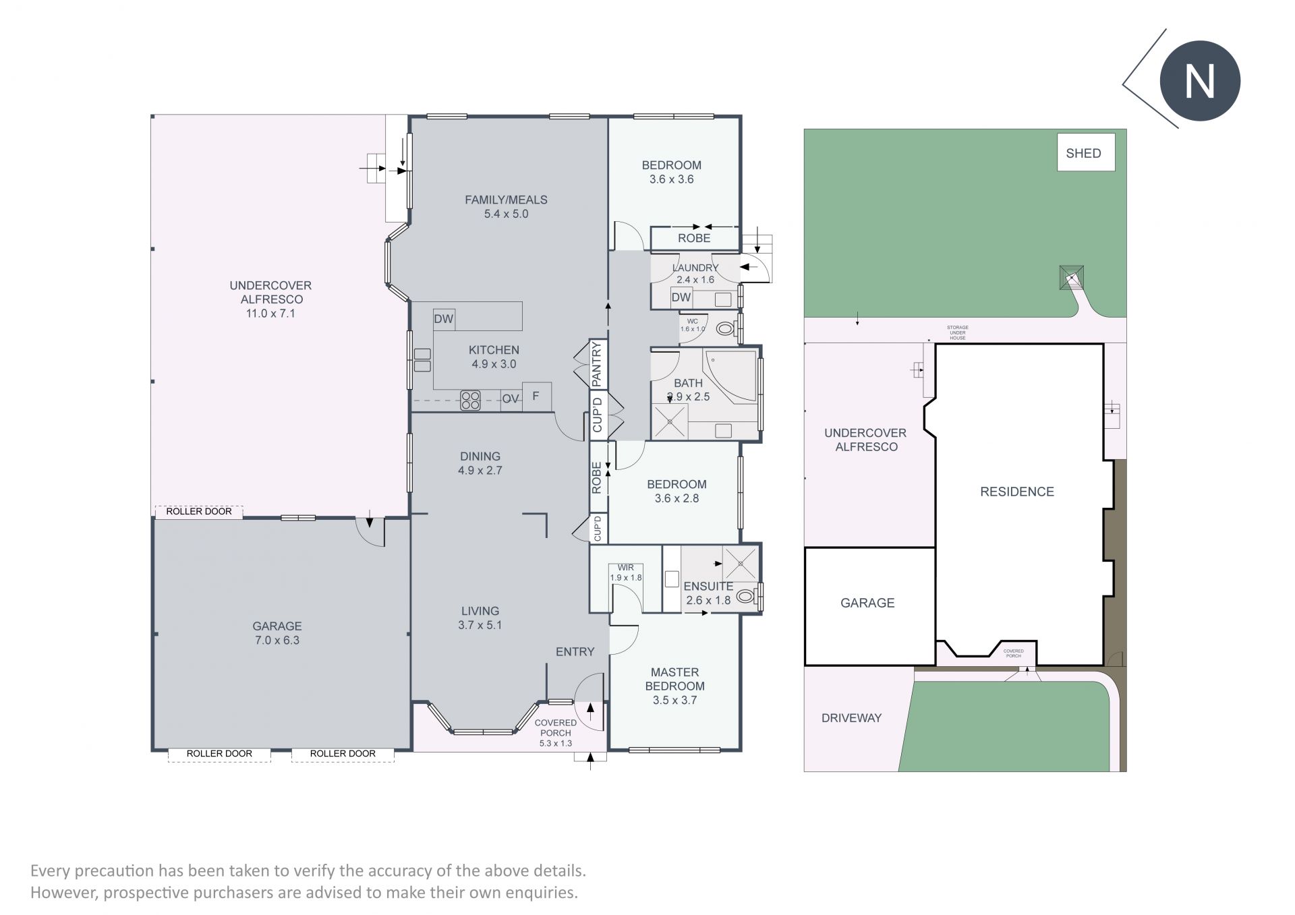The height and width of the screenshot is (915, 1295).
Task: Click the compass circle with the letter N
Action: [x=1200, y=82]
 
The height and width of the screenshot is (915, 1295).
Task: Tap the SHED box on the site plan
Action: [x=1085, y=152]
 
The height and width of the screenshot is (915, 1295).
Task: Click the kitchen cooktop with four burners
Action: [x=470, y=401]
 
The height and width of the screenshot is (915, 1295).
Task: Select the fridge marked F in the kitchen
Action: [x=536, y=396]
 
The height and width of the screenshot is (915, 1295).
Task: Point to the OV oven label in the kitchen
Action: [x=511, y=399]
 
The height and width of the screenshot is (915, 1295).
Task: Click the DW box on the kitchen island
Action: [x=444, y=319]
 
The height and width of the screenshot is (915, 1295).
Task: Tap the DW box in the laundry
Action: [x=681, y=297]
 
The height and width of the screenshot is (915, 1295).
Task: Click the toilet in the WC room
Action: [x=726, y=329]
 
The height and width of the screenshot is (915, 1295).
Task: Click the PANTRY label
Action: [x=596, y=364]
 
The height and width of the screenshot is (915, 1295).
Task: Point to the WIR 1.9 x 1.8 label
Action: [x=625, y=572]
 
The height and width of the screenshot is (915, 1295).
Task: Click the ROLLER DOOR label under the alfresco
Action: [x=199, y=511]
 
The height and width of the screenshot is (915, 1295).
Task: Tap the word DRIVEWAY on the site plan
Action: [x=851, y=718]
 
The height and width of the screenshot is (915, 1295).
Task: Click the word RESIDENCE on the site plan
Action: [x=1017, y=492]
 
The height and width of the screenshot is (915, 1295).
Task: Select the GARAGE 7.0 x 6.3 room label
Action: [x=277, y=633]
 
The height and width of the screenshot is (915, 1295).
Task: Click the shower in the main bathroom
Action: [x=670, y=421]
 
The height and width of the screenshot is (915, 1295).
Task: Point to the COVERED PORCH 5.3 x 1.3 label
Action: [x=556, y=733]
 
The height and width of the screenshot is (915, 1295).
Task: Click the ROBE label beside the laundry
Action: [x=694, y=238]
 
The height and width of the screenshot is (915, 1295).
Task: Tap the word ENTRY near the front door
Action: [x=575, y=651]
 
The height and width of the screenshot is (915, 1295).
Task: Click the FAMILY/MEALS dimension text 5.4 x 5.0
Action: [x=506, y=214]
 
